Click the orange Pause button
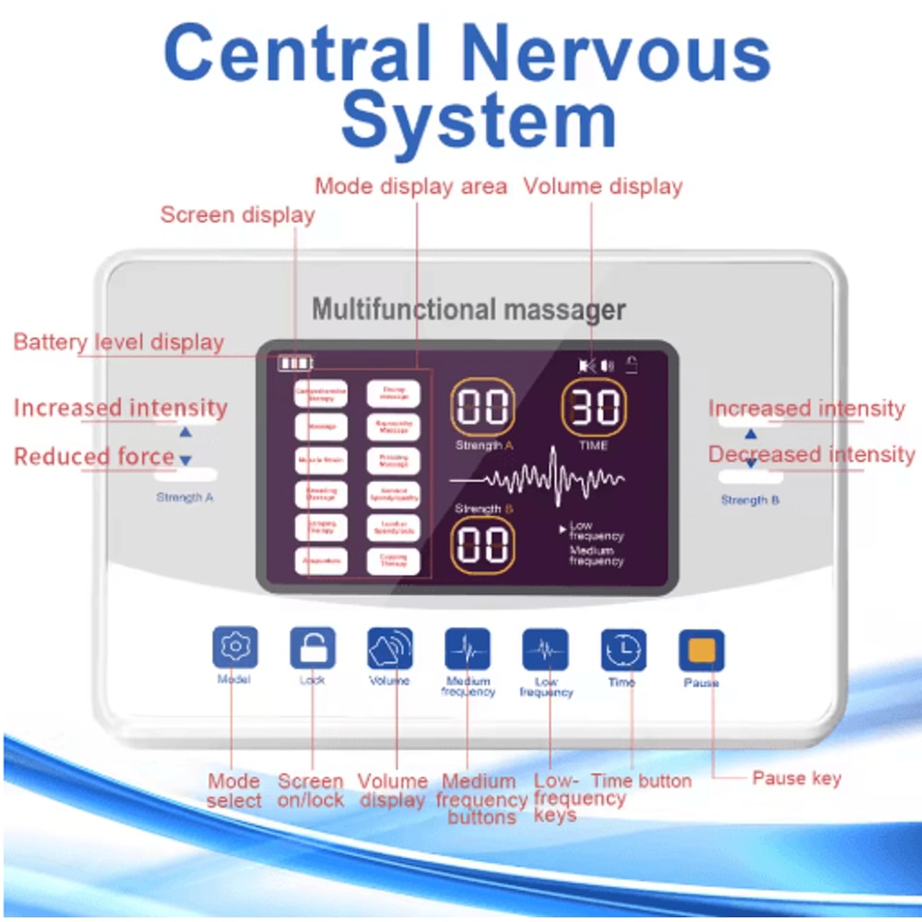pos(702,651)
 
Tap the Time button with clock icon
pos(623,650)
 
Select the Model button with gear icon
pos(235,647)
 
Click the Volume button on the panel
pos(390,649)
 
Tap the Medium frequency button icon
pos(467,650)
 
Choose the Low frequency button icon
pos(545,650)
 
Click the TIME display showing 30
pos(594,408)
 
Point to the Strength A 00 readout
pos(482,408)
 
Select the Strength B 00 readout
pos(482,545)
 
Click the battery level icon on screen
pos(296,363)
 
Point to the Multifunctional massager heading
pos(468,309)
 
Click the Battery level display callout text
pos(118,342)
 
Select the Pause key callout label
pos(797,778)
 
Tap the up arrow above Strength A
pos(185,431)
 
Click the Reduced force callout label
pos(94,456)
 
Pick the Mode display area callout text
pos(410,186)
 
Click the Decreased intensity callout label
pos(811,455)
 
